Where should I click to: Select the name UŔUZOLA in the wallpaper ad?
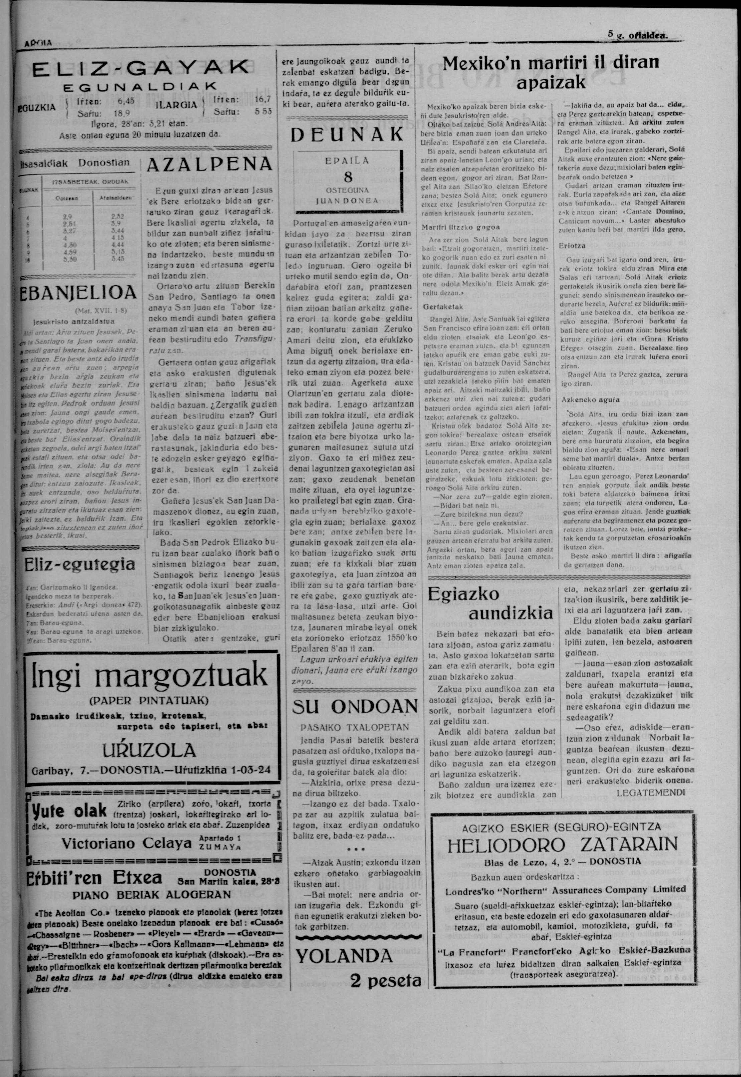149,750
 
